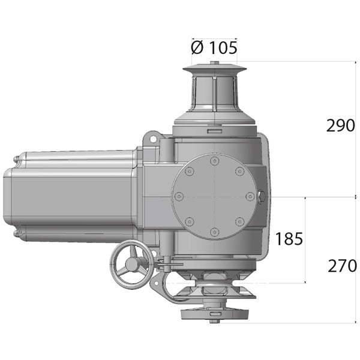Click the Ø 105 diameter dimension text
(x=214, y=47)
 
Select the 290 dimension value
(x=340, y=126)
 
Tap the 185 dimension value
(x=289, y=239)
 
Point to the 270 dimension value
(x=341, y=266)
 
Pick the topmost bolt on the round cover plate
(x=214, y=161)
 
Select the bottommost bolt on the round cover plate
(x=214, y=232)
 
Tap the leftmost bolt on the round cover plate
(x=178, y=196)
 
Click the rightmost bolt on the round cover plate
(x=250, y=196)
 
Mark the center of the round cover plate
(x=214, y=196)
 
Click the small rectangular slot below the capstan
(x=214, y=130)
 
